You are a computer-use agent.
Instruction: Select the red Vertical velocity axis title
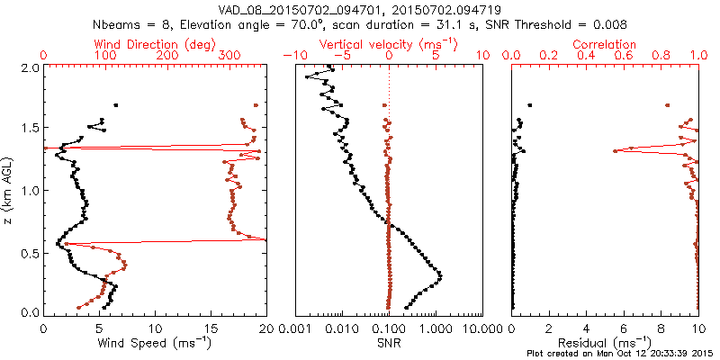[389, 44]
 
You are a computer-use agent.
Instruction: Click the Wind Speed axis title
[156, 343]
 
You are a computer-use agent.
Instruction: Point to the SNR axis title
[389, 343]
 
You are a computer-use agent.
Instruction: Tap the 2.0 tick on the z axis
[30, 67]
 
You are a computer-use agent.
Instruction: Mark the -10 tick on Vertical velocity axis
[293, 56]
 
